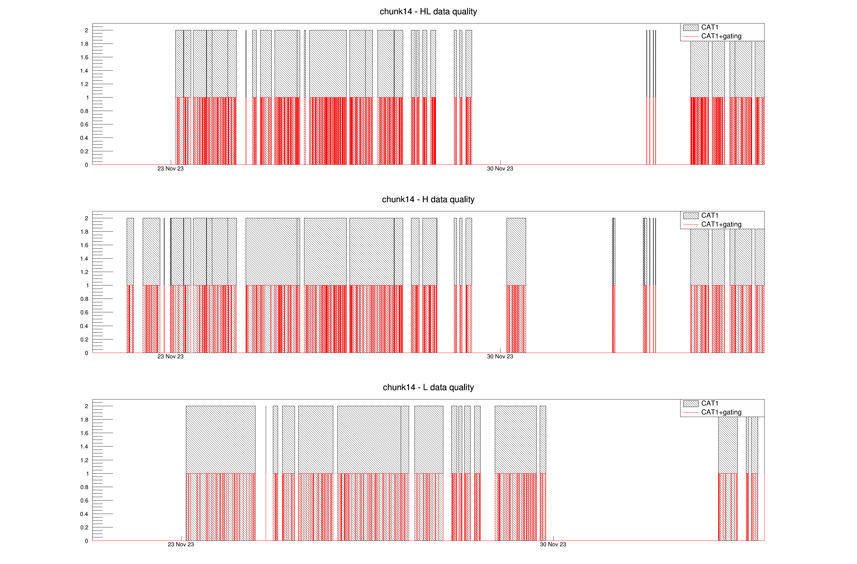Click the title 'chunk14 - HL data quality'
point(428,11)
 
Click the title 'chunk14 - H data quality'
point(428,199)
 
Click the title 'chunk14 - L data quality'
point(428,387)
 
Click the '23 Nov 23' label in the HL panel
point(170,169)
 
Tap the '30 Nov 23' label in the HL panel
point(500,169)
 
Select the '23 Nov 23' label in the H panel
point(170,357)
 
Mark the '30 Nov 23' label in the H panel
point(500,357)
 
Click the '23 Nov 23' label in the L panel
point(181,545)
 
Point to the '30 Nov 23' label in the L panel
point(553,545)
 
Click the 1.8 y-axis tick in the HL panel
point(84,44)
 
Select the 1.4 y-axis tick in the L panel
point(84,447)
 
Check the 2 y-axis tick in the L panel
point(86,406)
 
